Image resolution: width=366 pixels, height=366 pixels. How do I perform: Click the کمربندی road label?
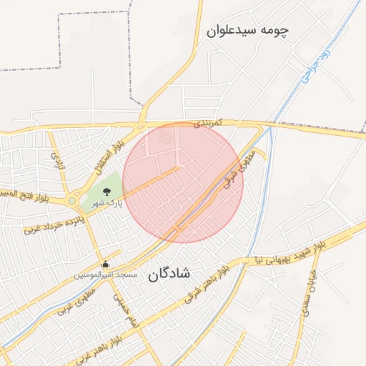click(208, 123)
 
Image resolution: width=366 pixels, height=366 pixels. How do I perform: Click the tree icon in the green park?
click(107, 192)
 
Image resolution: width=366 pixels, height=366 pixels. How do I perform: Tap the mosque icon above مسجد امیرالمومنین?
click(107, 264)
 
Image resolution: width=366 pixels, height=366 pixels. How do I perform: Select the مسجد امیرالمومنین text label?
click(107, 275)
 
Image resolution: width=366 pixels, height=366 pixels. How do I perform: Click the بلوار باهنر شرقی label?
click(207, 283)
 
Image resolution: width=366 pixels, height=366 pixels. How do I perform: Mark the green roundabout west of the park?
click(72, 202)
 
